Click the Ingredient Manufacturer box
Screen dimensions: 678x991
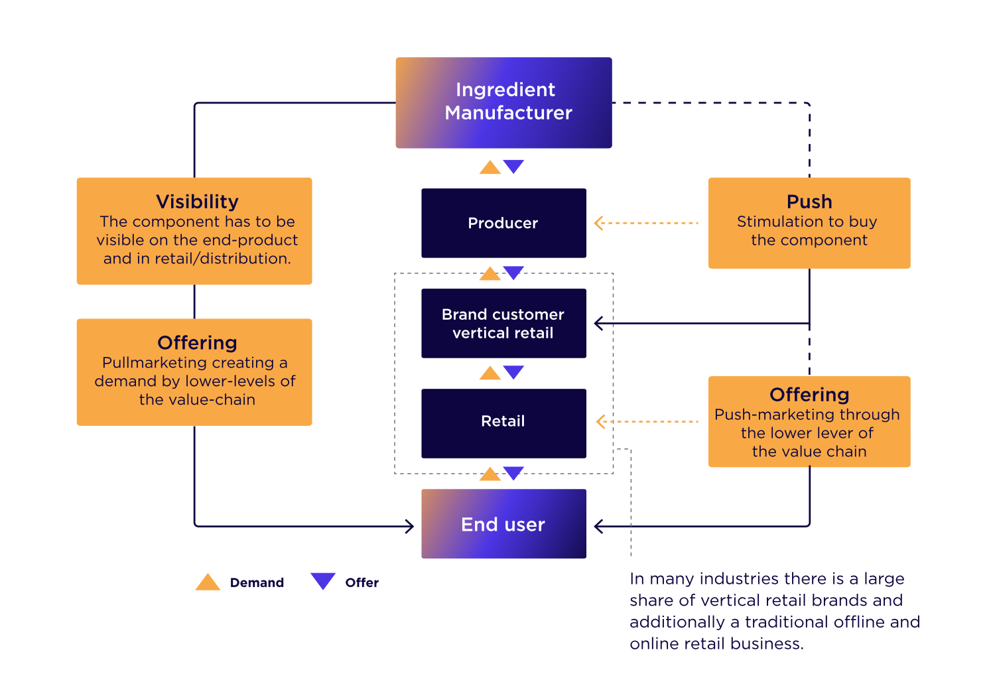pyautogui.click(x=503, y=102)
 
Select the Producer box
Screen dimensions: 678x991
pyautogui.click(x=503, y=223)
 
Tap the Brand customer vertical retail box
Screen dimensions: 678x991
pyautogui.click(x=503, y=323)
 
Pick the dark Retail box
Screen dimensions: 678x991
pyautogui.click(x=503, y=423)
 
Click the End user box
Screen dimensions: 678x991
pyautogui.click(x=503, y=524)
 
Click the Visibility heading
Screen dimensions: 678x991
pyautogui.click(x=197, y=201)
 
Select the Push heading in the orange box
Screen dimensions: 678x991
pyautogui.click(x=809, y=201)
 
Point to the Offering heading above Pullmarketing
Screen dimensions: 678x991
pyautogui.click(x=197, y=342)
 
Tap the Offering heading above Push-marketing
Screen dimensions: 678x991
pyautogui.click(x=809, y=394)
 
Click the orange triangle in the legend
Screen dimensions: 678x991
pyautogui.click(x=208, y=582)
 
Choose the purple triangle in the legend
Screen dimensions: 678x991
pyautogui.click(x=323, y=580)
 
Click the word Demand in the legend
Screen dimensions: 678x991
pyautogui.click(x=257, y=582)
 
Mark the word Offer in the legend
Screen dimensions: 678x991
pyautogui.click(x=362, y=582)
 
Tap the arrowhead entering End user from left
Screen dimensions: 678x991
pyautogui.click(x=410, y=526)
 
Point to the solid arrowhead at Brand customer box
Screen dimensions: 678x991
pyautogui.click(x=598, y=323)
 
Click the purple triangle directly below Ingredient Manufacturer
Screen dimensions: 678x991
pyautogui.click(x=513, y=166)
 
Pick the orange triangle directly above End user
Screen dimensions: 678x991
pyautogui.click(x=490, y=474)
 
